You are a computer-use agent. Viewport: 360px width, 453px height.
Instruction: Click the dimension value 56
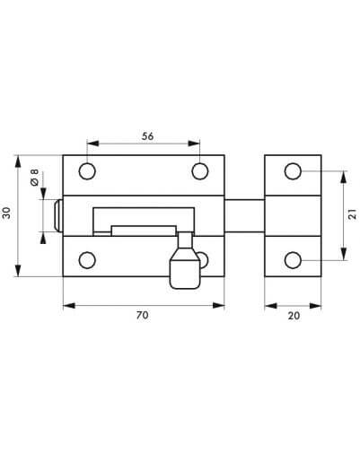click(x=147, y=136)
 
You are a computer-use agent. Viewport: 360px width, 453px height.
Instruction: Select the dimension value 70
click(x=142, y=315)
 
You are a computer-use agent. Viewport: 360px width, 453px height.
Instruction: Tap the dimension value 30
click(x=6, y=213)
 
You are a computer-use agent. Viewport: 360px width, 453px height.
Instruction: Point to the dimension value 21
click(x=353, y=214)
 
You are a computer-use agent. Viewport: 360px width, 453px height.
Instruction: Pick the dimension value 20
click(x=294, y=316)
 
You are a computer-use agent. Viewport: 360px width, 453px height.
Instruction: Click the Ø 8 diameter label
click(x=35, y=178)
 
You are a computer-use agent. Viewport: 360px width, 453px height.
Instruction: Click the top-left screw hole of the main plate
click(x=87, y=171)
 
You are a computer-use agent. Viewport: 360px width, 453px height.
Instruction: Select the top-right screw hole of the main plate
click(x=200, y=171)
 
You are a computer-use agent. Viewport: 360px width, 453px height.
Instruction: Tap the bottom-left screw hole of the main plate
click(x=87, y=260)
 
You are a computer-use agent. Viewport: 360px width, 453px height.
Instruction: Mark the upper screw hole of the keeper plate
click(x=293, y=171)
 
